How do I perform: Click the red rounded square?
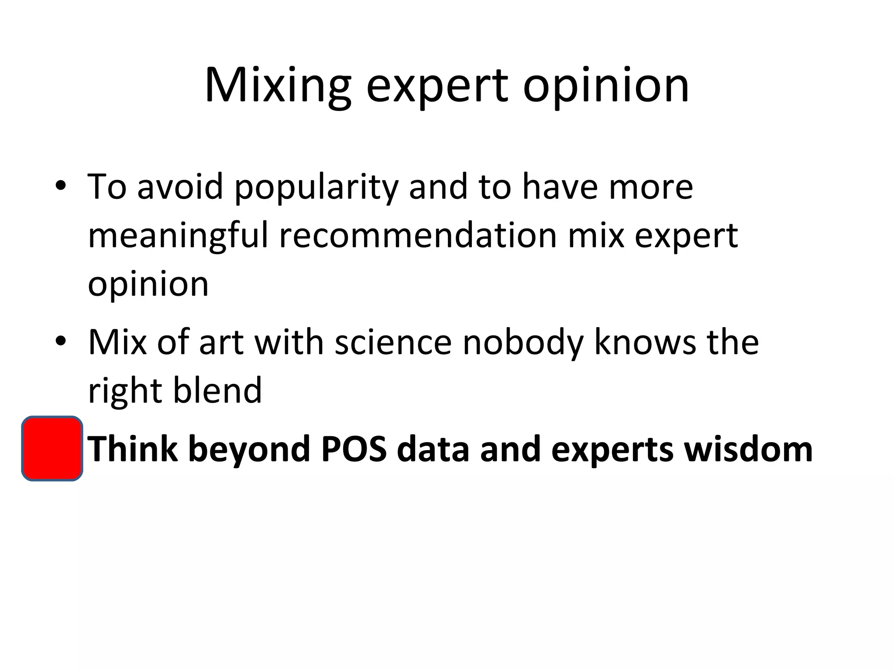pos(52,448)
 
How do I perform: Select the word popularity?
pos(316,188)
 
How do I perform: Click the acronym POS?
pos(354,449)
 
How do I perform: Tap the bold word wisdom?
pos(748,449)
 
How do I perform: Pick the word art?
pos(220,343)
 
